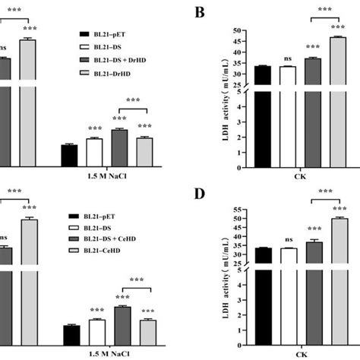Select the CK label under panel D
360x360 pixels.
[x=299, y=353]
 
